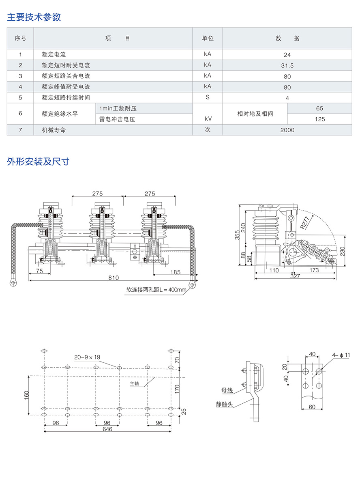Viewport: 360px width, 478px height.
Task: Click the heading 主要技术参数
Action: [x=34, y=17]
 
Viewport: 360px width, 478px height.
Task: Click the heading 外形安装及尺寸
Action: [x=38, y=161]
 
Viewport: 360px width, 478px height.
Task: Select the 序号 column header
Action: [x=20, y=39]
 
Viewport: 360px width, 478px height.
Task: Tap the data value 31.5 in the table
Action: [x=287, y=65]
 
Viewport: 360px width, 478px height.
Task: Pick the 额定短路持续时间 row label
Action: [x=66, y=98]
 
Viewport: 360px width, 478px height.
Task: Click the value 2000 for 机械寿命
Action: [x=287, y=130]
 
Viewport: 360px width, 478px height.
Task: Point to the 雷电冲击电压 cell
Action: [x=117, y=119]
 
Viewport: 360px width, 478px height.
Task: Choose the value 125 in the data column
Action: [x=319, y=119]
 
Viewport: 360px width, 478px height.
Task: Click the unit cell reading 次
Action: [x=208, y=130]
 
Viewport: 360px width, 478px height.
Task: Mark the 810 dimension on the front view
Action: [x=114, y=278]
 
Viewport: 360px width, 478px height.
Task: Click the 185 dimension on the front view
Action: [x=175, y=272]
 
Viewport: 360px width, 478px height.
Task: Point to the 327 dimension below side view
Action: [x=295, y=276]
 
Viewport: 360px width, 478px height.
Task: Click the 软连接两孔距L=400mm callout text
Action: [x=156, y=290]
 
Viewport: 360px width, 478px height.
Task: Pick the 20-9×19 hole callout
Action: [x=87, y=357]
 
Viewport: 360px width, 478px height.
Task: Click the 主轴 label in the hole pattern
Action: [x=134, y=383]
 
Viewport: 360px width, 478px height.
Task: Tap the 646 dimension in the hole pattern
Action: [x=107, y=429]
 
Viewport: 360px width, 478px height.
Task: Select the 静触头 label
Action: [x=224, y=405]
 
